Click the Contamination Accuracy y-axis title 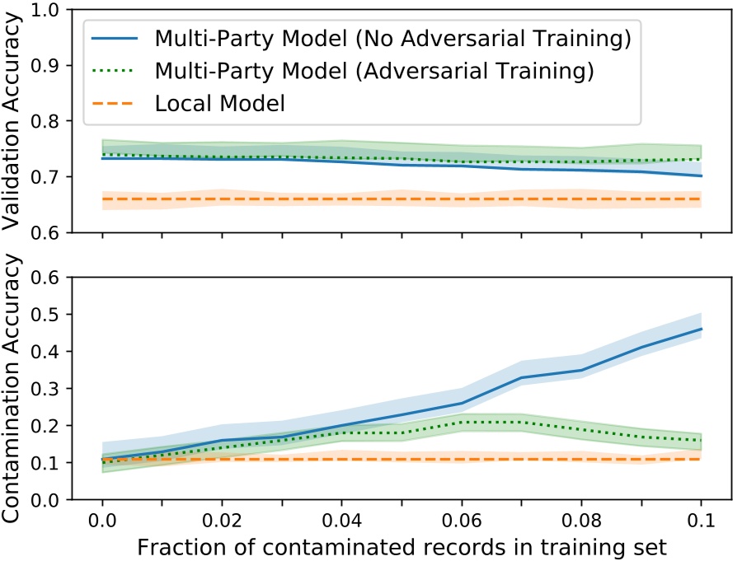(x=17, y=387)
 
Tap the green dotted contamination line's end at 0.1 (x=701, y=440)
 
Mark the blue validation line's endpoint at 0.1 (x=701, y=175)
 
